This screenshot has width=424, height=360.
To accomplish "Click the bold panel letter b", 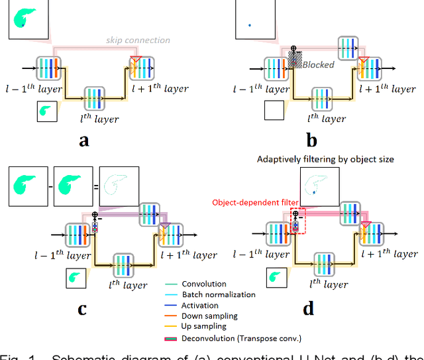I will pyautogui.click(x=311, y=141).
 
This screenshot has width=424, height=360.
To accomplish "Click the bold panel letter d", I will pyautogui.click(x=309, y=308).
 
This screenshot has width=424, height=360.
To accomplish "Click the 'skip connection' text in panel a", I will pyautogui.click(x=138, y=40).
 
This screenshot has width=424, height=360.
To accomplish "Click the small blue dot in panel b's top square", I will pyautogui.click(x=249, y=25).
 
